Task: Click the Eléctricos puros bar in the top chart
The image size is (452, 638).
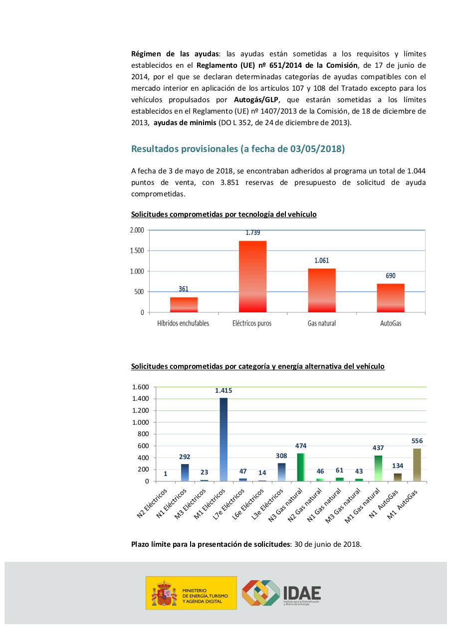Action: pos(252,277)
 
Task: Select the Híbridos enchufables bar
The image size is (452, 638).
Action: pos(184,305)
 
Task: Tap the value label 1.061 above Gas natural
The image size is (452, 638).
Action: pos(322,261)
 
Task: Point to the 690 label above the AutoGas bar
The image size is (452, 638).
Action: pos(391,276)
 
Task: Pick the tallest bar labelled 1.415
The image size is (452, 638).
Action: pos(224,439)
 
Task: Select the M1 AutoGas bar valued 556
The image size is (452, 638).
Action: pos(417,465)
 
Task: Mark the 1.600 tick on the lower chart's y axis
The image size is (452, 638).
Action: pos(141,387)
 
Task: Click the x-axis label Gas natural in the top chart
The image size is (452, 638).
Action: pos(322,323)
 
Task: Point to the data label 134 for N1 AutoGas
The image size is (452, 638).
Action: pos(398,466)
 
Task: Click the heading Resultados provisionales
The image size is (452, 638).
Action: pos(237,149)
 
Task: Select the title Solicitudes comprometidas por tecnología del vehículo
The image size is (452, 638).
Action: pos(224,214)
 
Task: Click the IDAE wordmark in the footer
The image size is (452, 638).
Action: pos(301,592)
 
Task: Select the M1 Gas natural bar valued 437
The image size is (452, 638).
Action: pos(378,468)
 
